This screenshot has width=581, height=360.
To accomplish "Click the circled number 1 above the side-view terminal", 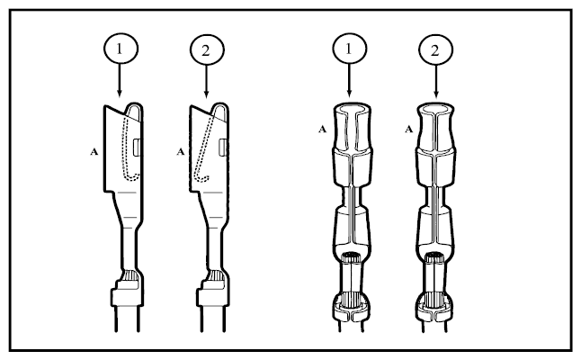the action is pyautogui.click(x=121, y=49).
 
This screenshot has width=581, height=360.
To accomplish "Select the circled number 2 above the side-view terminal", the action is pyautogui.click(x=207, y=50).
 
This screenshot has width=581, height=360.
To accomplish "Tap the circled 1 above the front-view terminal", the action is pyautogui.click(x=350, y=49).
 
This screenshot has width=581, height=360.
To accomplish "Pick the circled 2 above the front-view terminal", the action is pyautogui.click(x=435, y=50).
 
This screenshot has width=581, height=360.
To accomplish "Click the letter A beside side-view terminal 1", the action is pyautogui.click(x=94, y=151).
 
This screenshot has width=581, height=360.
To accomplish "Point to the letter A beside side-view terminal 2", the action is pyautogui.click(x=181, y=151).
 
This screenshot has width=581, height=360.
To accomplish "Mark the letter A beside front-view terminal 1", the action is pyautogui.click(x=323, y=129).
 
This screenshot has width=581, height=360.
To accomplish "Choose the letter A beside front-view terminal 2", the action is pyautogui.click(x=408, y=129).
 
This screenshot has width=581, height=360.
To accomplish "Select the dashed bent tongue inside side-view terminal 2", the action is pyautogui.click(x=204, y=148).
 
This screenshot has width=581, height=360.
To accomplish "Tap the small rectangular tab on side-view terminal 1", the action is pyautogui.click(x=137, y=147).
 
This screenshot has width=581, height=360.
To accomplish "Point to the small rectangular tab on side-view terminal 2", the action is pyautogui.click(x=223, y=147).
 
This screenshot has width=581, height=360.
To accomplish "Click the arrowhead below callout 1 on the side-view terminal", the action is pyautogui.click(x=119, y=93).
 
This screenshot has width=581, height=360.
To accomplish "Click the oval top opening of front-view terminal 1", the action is pyautogui.click(x=352, y=108).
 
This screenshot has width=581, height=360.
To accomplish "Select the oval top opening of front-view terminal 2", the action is pyautogui.click(x=435, y=108).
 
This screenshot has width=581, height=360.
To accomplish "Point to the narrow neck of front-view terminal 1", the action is pyautogui.click(x=352, y=196).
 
